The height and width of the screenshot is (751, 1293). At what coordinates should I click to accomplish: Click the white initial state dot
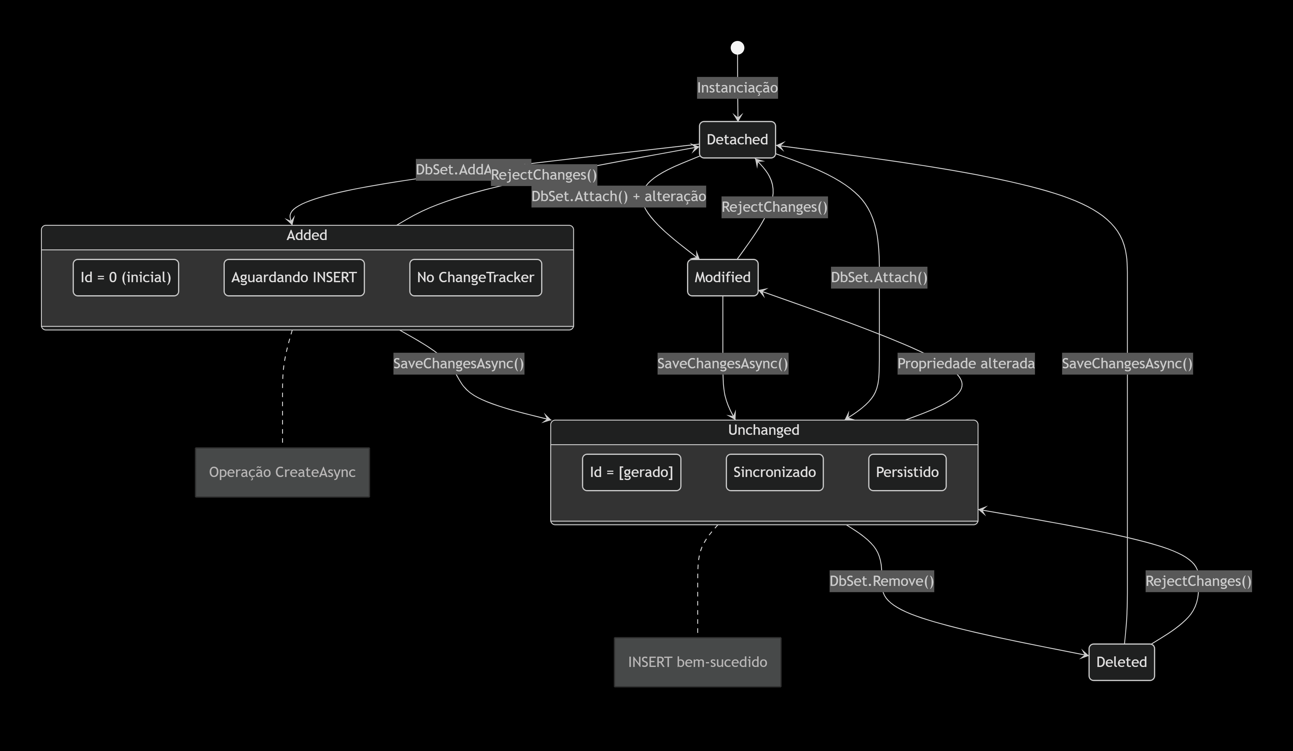click(x=737, y=48)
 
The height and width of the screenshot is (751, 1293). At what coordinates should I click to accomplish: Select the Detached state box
click(x=737, y=140)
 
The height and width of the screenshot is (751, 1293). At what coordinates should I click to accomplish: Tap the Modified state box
click(x=722, y=278)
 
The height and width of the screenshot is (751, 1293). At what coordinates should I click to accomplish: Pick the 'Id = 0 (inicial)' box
click(x=126, y=278)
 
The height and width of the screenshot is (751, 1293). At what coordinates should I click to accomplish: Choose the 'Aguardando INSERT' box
click(x=294, y=278)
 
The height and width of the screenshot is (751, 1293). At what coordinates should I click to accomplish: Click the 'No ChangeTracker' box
click(x=475, y=278)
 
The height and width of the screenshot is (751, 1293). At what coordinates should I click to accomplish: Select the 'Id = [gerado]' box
click(x=631, y=472)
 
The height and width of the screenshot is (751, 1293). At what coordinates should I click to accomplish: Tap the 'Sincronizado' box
click(x=774, y=472)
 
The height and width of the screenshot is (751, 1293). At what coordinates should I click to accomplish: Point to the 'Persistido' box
click(x=907, y=472)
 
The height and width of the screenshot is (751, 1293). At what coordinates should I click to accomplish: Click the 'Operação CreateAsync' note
click(x=282, y=472)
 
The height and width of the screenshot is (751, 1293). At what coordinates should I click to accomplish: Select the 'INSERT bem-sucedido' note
click(x=697, y=662)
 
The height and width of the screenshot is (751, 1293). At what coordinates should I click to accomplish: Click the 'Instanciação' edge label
click(x=737, y=88)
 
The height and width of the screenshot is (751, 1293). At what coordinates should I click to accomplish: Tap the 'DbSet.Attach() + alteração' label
click(x=618, y=197)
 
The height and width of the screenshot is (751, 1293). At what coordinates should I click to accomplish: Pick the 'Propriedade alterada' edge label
click(x=966, y=364)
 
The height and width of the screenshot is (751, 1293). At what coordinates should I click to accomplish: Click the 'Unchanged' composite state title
click(x=763, y=430)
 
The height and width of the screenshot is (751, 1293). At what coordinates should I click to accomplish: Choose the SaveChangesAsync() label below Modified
click(x=722, y=364)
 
